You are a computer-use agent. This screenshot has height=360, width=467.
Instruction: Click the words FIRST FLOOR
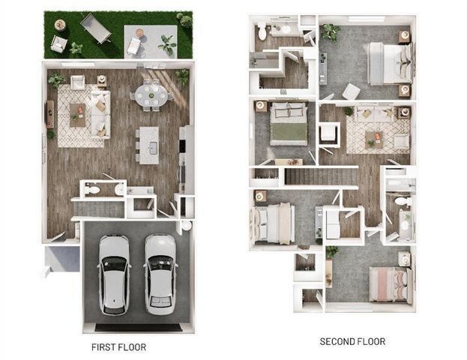point(118,347)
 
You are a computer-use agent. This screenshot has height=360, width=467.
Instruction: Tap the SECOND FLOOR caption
point(352,342)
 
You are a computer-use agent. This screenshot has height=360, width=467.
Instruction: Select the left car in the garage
point(114,274)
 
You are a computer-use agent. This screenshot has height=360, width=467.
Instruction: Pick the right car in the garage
point(160,274)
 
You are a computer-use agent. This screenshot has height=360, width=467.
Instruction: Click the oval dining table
point(151,94)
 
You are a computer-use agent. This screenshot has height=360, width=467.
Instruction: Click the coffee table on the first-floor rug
point(77,115)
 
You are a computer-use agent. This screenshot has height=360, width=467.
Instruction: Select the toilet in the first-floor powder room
point(91,190)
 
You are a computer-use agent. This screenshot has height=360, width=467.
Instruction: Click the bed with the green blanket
point(289,124)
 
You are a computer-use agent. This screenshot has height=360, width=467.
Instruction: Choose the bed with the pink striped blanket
point(391,284)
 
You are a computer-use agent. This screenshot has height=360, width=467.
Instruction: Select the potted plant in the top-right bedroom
point(329,32)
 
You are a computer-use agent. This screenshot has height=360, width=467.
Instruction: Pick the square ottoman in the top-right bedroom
point(351,91)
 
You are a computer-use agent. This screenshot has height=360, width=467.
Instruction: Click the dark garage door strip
point(138,327)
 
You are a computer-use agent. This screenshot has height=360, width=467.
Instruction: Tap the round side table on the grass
point(60,25)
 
